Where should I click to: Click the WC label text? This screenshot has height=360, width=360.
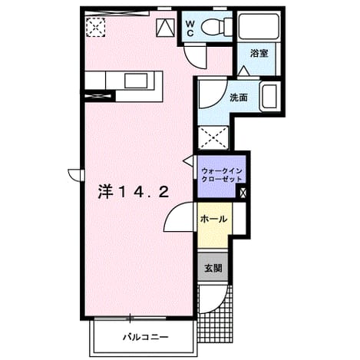pyautogui.click(x=190, y=28)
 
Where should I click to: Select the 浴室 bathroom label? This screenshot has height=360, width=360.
pyautogui.click(x=259, y=54)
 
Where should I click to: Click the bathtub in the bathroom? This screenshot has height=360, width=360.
pyautogui.click(x=259, y=27)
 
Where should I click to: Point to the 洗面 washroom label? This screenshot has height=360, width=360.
pyautogui.click(x=239, y=97)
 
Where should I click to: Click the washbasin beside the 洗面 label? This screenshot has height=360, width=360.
pyautogui.click(x=269, y=96)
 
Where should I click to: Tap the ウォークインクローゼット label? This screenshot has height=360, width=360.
pyautogui.click(x=222, y=175)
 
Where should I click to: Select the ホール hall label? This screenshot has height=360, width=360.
pyautogui.click(x=213, y=219)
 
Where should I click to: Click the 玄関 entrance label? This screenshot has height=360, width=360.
pyautogui.click(x=213, y=268)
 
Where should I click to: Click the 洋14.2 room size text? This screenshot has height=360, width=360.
pyautogui.click(x=134, y=192)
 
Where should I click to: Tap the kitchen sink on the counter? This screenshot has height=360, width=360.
pyautogui.click(x=136, y=81)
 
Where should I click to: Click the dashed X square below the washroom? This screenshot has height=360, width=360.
pyautogui.click(x=213, y=137)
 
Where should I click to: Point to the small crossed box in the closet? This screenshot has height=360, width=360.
pyautogui.click(x=243, y=193)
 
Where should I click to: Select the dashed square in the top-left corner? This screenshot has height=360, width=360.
pyautogui.click(x=95, y=27)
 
